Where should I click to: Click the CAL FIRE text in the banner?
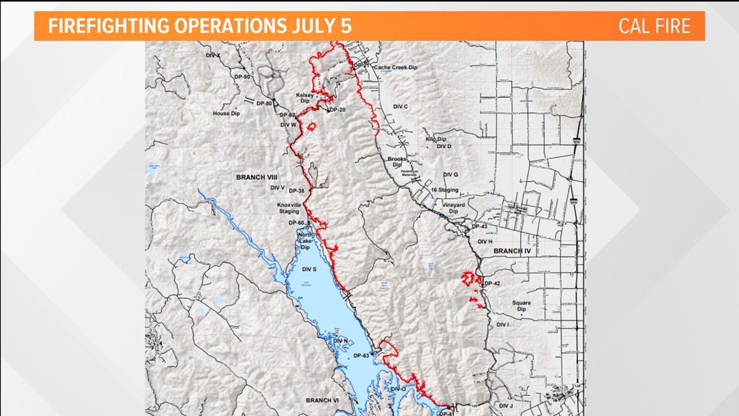point(654,26)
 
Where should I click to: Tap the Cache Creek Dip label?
point(394,67)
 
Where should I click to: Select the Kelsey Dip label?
point(305,99)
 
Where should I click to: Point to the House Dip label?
point(226,114)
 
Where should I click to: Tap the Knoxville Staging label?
point(289,208)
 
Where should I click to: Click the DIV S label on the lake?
point(309,269)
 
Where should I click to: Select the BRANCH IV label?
point(512,251)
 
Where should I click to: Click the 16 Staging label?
point(445,190)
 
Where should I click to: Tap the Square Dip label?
point(521,306)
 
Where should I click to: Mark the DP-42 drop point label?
point(493,284)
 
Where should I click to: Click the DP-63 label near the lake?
point(361,356)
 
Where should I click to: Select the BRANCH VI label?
point(323,400)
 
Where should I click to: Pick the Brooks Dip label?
point(397,162)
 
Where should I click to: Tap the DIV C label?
point(401,106)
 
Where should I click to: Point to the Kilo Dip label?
point(436,139)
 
